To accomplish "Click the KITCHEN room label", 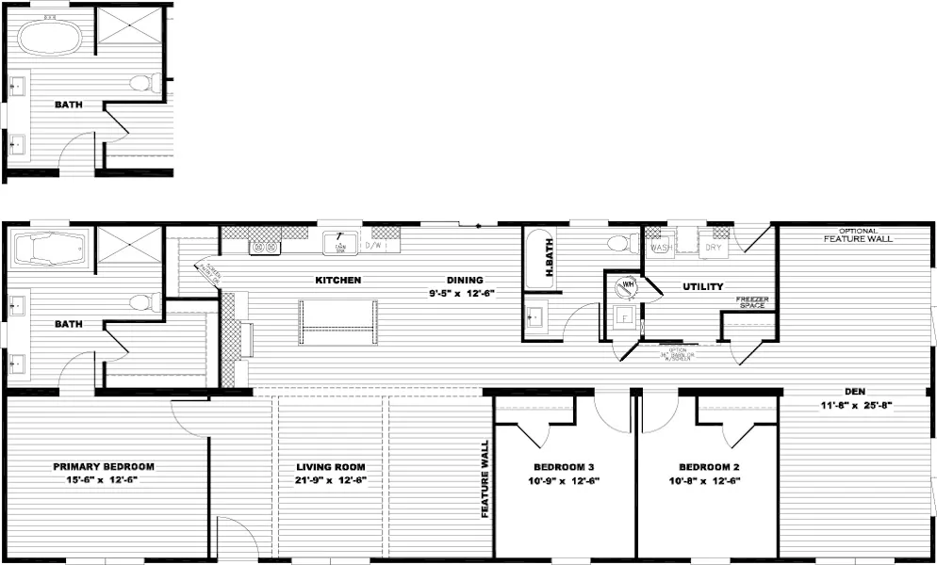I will click(337, 280).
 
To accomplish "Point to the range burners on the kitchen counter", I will click(263, 248).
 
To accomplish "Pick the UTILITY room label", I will click(703, 286).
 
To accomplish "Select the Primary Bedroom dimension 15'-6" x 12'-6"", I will click(103, 480).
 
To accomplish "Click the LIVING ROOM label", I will click(330, 467).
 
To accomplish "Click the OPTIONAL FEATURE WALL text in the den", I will click(856, 235).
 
